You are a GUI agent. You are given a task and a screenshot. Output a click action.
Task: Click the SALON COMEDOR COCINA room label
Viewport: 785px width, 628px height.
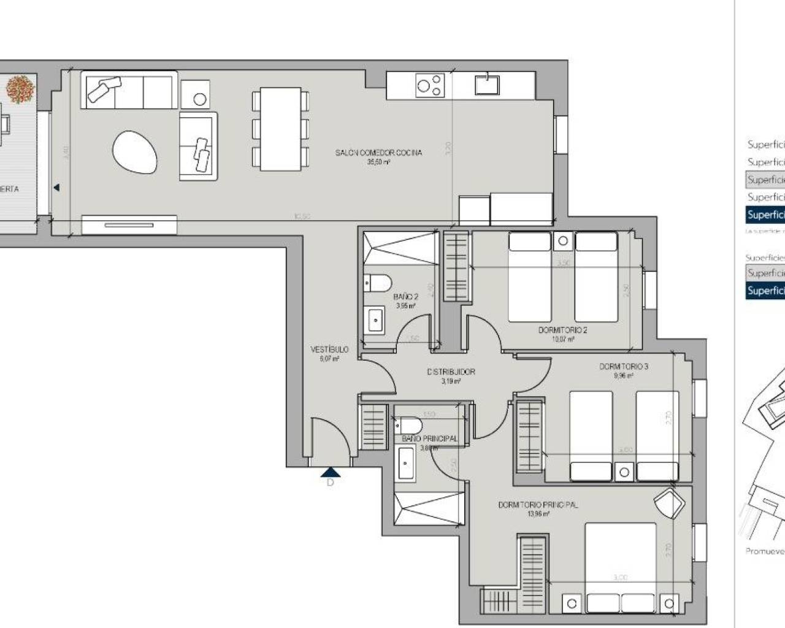[378, 153]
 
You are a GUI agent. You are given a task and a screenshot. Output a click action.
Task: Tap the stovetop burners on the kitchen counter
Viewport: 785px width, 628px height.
[429, 85]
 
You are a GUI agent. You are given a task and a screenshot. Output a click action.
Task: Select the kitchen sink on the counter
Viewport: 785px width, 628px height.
[487, 83]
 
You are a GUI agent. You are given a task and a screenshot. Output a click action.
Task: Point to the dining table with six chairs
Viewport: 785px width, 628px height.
[280, 129]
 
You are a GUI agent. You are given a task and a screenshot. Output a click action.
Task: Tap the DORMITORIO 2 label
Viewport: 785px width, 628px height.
[562, 330]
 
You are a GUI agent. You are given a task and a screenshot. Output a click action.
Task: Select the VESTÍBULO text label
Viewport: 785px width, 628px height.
[329, 350]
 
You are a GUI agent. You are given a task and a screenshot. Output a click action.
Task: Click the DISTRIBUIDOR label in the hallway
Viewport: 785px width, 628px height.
[451, 372]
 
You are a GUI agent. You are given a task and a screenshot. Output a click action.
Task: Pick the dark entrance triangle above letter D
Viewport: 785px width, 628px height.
[330, 472]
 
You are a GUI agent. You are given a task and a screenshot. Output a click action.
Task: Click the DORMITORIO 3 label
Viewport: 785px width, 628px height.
[623, 367]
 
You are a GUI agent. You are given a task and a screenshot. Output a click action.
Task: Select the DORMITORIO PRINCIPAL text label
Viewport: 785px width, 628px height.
[537, 505]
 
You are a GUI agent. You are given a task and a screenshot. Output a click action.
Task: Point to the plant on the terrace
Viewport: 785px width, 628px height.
[20, 89]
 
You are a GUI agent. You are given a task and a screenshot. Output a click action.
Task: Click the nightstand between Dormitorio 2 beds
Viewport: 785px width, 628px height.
[562, 241]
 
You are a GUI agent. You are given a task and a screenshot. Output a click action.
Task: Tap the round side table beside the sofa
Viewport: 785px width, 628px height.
[199, 98]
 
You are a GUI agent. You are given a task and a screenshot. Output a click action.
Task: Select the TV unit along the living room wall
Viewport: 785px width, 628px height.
[129, 224]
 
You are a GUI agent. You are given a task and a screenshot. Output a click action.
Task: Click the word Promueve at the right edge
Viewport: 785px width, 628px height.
[764, 551]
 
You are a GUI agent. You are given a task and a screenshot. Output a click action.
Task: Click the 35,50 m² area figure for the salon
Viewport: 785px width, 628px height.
[378, 163]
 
